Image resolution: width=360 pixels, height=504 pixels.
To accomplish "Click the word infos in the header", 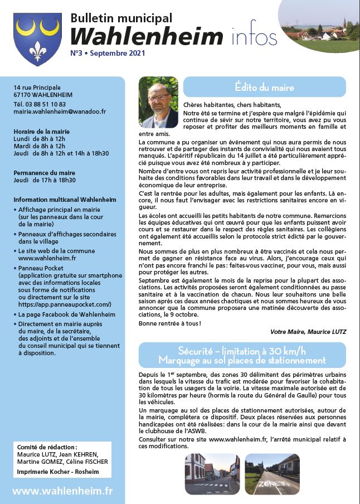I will [253, 37].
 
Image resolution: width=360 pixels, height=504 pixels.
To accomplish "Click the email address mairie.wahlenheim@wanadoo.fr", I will [60, 112].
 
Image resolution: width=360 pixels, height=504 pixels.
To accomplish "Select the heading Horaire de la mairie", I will [42, 131].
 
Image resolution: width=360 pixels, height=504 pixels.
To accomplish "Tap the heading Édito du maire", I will [264, 88].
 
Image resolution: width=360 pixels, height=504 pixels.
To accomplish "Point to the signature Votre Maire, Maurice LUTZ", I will [308, 331].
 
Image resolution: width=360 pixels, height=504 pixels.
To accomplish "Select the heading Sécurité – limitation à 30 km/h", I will [242, 351].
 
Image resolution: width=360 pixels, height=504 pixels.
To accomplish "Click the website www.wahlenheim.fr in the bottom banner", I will [62, 491].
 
